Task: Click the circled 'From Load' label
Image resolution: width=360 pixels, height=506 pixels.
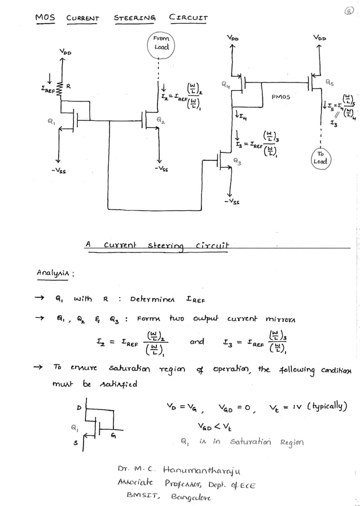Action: pos(160,43)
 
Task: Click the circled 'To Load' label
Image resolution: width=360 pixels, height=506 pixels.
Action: pos(321,157)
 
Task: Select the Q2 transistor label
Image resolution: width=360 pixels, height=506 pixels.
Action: pos(161,121)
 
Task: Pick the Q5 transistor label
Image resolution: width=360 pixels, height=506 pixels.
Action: pos(329,82)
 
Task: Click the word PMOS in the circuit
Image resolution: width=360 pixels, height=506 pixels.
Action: pos(280,97)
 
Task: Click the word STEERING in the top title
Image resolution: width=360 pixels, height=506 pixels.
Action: pos(135,18)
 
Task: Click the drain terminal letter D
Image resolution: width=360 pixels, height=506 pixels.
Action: pos(78,408)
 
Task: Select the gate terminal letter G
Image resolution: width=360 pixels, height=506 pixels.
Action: pos(115,435)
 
